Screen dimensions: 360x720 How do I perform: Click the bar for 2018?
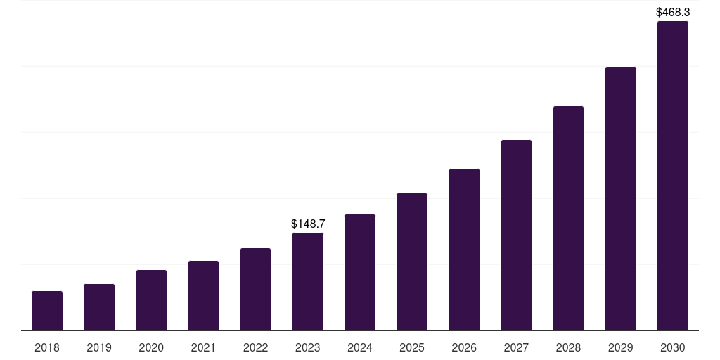point(47,311)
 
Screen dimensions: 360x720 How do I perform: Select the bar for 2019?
point(99,307)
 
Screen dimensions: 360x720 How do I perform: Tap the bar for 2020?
point(151,300)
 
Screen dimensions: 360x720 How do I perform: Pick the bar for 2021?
point(203,296)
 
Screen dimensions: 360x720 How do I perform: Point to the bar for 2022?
point(255,290)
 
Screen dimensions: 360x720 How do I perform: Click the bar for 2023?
point(308,282)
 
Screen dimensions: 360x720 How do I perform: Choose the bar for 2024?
point(360,273)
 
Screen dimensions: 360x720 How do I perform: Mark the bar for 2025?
point(412,262)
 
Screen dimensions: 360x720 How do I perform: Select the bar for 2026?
point(464,250)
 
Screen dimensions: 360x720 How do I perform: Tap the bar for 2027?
point(516,236)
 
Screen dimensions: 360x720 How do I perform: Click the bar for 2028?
point(568,219)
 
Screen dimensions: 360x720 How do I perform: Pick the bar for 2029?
point(621,199)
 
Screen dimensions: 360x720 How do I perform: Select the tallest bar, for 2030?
point(673,176)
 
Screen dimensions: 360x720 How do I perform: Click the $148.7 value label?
point(308,224)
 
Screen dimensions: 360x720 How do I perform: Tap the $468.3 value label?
point(673,12)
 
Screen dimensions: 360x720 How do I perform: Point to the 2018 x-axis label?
point(47,347)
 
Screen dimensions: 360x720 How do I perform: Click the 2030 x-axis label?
point(673,347)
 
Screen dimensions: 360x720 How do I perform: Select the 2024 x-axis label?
point(360,347)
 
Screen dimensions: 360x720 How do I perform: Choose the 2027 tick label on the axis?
point(516,347)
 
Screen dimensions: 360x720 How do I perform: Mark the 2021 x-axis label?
point(203,347)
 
